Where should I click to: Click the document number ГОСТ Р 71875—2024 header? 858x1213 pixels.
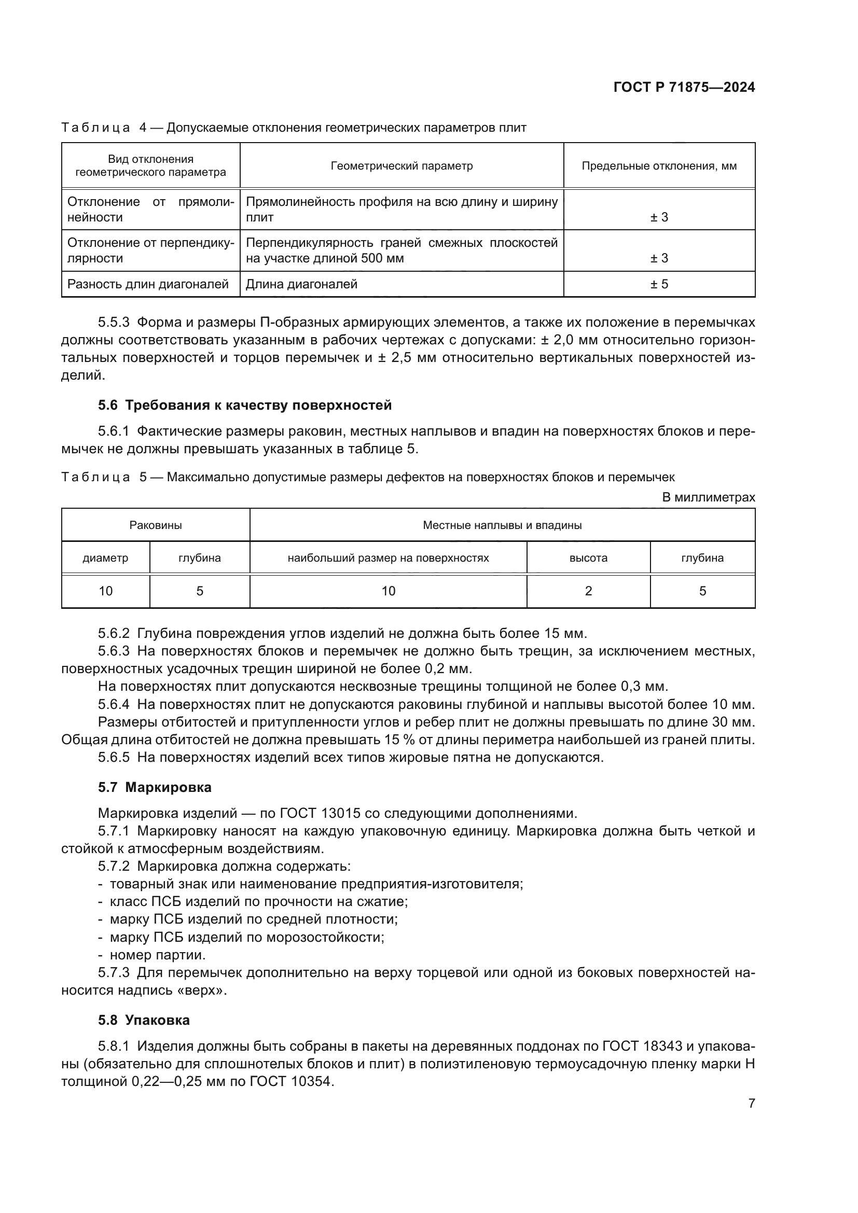pyautogui.click(x=684, y=88)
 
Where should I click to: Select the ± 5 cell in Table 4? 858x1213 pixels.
pyautogui.click(x=659, y=284)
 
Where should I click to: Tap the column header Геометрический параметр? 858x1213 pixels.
pyautogui.click(x=402, y=166)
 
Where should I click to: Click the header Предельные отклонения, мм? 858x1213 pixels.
pyautogui.click(x=659, y=166)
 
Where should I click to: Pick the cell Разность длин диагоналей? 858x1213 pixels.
pyautogui.click(x=148, y=284)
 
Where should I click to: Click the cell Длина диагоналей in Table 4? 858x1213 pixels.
pyautogui.click(x=302, y=284)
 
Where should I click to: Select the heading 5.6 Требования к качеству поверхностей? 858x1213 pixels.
pyautogui.click(x=245, y=405)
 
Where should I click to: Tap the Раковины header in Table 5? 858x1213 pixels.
pyautogui.click(x=155, y=525)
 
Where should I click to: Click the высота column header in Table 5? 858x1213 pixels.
pyautogui.click(x=588, y=558)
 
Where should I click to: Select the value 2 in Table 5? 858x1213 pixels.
pyautogui.click(x=588, y=591)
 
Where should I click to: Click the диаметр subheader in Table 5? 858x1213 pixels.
pyautogui.click(x=105, y=558)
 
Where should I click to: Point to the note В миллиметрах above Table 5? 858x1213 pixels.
pyautogui.click(x=708, y=497)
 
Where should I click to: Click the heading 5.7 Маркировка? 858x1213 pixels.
pyautogui.click(x=154, y=787)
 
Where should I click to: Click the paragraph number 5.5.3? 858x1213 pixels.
pyautogui.click(x=114, y=322)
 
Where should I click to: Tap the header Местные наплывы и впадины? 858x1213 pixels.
pyautogui.click(x=502, y=525)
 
